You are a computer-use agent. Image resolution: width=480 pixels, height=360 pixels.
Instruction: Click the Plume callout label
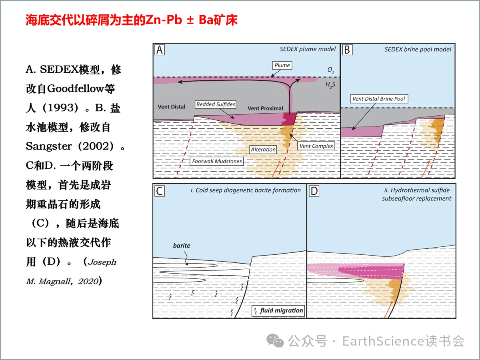click(x=282, y=65)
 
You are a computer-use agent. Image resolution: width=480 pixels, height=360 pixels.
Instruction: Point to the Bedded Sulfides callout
click(x=216, y=104)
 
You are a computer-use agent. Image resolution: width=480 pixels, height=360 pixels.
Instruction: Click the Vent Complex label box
click(x=316, y=146)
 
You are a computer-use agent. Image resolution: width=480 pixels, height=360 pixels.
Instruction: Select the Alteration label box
click(x=263, y=150)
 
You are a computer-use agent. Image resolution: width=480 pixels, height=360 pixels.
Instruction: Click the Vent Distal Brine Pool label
click(x=378, y=98)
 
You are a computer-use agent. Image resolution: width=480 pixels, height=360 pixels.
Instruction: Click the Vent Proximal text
click(x=265, y=108)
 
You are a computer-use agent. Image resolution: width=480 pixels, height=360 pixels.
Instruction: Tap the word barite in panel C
click(x=181, y=246)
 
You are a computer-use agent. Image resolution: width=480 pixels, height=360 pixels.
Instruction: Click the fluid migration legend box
click(x=278, y=310)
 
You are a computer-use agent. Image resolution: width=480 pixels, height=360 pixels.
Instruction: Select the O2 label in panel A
click(x=331, y=70)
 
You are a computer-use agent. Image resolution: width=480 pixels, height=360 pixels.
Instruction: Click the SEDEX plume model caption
click(x=308, y=49)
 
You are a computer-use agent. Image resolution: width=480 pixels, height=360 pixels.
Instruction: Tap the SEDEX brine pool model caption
click(x=418, y=49)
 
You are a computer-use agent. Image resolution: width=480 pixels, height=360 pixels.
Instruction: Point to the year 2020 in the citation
click(x=88, y=281)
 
